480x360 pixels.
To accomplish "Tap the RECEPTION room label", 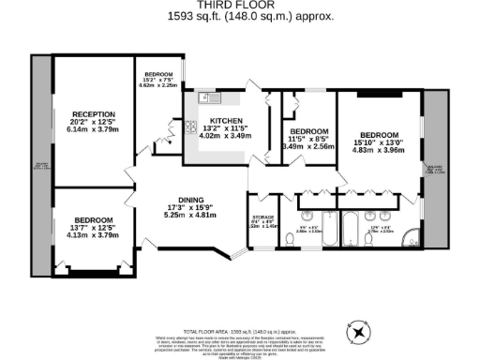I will pyautogui.click(x=94, y=114).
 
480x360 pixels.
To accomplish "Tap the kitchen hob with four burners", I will pyautogui.click(x=191, y=130).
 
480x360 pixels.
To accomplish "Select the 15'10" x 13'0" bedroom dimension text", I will pyautogui.click(x=381, y=142).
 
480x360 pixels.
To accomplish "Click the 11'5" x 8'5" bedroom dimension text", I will pyautogui.click(x=308, y=139).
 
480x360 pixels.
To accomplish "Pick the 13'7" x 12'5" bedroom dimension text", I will pyautogui.click(x=94, y=228).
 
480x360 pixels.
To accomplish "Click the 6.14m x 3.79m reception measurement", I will pyautogui.click(x=94, y=130).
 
